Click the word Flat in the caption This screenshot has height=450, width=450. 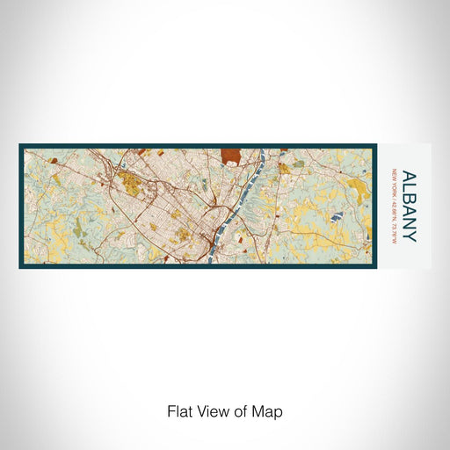tap(179, 410)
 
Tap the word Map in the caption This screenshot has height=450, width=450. tap(270, 410)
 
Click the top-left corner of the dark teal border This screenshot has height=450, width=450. tap(20, 146)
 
